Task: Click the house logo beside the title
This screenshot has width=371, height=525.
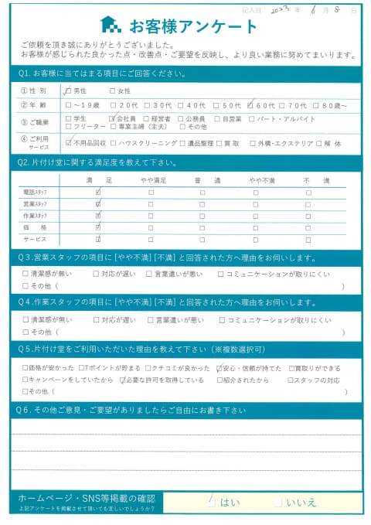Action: pyautogui.click(x=111, y=25)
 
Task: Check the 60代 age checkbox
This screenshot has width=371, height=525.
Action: pyautogui.click(x=251, y=106)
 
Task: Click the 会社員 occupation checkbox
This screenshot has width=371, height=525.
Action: pyautogui.click(x=113, y=119)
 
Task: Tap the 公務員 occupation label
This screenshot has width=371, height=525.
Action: pyautogui.click(x=192, y=119)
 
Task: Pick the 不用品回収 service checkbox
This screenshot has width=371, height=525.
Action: pyautogui.click(x=70, y=143)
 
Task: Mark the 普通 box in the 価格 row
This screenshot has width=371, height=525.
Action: pyautogui.click(x=202, y=227)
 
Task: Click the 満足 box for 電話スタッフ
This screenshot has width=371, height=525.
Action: pyautogui.click(x=97, y=192)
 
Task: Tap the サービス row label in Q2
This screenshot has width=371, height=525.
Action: pyautogui.click(x=36, y=240)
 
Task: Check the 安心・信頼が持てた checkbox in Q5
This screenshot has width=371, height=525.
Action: pyautogui.click(x=219, y=368)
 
